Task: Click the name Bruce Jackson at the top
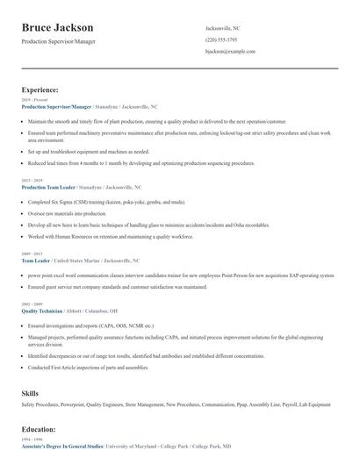pyautogui.click(x=57, y=27)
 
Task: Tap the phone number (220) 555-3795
pyautogui.click(x=220, y=39)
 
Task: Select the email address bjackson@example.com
pyautogui.click(x=229, y=52)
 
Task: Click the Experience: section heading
pyautogui.click(x=40, y=89)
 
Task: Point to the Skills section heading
pyautogui.click(x=31, y=393)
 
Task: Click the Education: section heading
pyautogui.click(x=39, y=429)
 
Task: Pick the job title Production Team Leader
pyautogui.click(x=48, y=187)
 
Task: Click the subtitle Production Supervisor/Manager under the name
pyautogui.click(x=58, y=41)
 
